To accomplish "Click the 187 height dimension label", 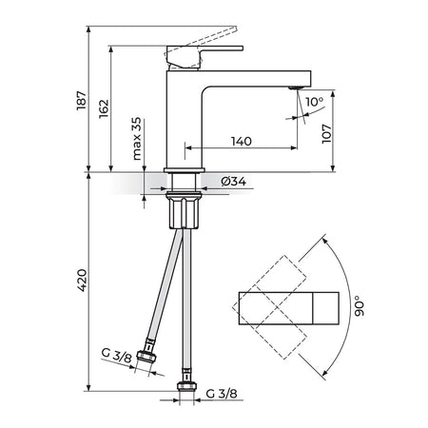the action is coord(81,101).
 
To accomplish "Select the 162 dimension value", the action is coord(104,109).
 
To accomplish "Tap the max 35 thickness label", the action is coord(136,139).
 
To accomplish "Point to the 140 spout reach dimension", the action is coord(242,142).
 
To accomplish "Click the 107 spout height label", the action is coord(326,134).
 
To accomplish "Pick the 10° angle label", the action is coord(314,102).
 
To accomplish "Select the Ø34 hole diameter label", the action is coord(234,182).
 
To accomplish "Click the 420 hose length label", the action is coord(82,281).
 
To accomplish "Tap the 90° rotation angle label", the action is coord(360,306).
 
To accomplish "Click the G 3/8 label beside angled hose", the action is coord(116,356).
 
